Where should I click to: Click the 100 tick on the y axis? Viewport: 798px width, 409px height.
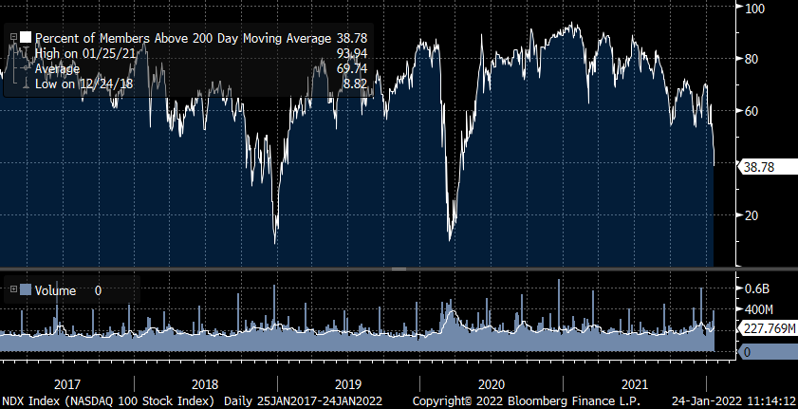(755, 9)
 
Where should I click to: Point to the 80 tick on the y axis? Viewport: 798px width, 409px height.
(753, 59)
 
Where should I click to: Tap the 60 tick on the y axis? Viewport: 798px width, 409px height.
(753, 111)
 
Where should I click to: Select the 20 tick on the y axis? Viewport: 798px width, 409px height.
(753, 215)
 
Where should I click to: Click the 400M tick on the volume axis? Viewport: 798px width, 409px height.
(759, 309)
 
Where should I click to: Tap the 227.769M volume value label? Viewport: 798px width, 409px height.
(768, 328)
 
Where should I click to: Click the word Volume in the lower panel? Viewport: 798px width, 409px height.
(56, 290)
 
